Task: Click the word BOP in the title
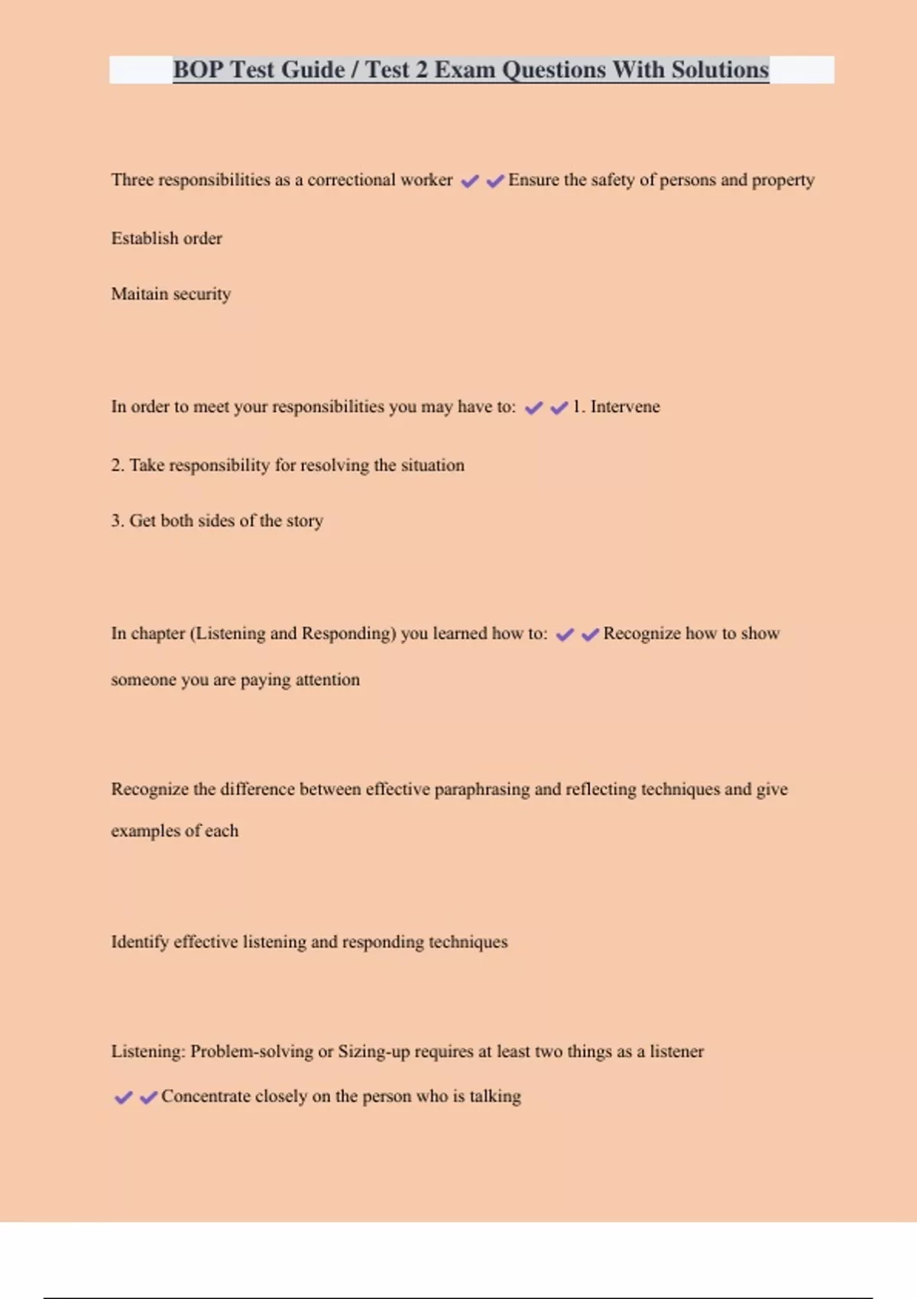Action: point(198,70)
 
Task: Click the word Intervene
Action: point(624,407)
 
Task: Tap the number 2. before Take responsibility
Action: point(118,465)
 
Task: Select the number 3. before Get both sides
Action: point(118,520)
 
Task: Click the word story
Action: point(305,520)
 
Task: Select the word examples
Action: point(145,831)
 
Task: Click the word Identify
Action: point(140,941)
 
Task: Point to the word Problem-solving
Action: point(251,1051)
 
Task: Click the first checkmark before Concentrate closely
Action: point(123,1097)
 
